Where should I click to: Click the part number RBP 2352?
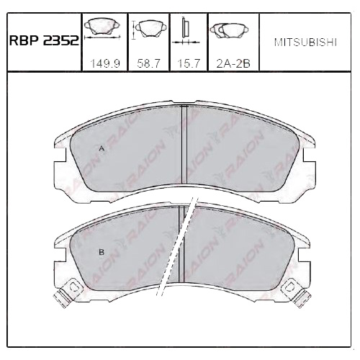43,41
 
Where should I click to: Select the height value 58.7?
148,64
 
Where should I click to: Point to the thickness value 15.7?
188,64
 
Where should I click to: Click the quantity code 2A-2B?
231,64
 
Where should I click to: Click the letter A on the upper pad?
102,149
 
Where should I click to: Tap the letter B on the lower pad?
102,252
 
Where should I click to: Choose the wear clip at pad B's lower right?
293,291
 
